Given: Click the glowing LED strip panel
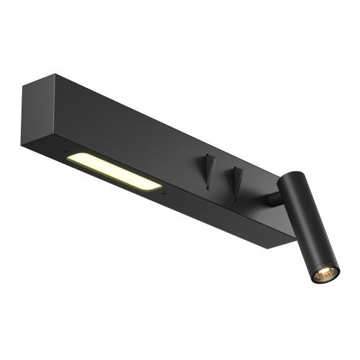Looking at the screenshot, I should pos(115,172).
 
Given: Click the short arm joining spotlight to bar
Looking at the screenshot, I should pos(272,198).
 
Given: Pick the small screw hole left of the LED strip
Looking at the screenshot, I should pos(64,153).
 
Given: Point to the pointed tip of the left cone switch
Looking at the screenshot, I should pos(208,189).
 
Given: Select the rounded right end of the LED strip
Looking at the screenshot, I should pos(157,186).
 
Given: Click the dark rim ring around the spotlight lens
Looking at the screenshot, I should pos(317,276).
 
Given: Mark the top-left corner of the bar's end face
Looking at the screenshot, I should pos(22,86).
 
